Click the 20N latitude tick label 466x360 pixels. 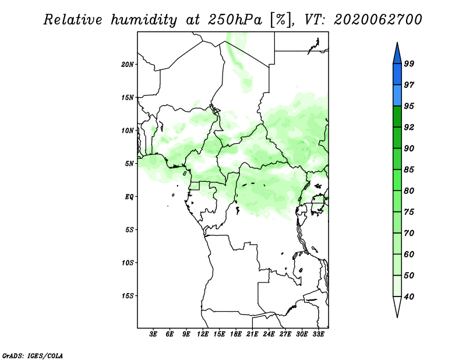(x=128, y=65)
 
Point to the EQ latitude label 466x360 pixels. (x=129, y=197)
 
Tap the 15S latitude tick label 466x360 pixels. (x=128, y=296)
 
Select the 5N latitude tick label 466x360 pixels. (x=129, y=164)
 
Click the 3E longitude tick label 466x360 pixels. (x=153, y=334)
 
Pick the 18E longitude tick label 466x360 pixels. (x=236, y=334)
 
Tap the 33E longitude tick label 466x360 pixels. (x=318, y=334)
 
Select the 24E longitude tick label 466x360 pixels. (x=269, y=334)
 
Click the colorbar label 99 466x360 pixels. (x=409, y=63)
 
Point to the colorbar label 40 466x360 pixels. (x=409, y=297)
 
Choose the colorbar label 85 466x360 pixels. (x=409, y=170)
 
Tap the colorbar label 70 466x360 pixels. (x=409, y=233)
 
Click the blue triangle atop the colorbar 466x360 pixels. (x=397, y=54)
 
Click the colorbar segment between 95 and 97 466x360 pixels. (x=397, y=96)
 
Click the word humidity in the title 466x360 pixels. (x=144, y=20)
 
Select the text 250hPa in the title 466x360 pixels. (x=235, y=20)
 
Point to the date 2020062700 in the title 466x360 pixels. (x=377, y=20)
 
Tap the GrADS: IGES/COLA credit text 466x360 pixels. (x=33, y=355)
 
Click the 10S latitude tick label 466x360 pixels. (x=128, y=263)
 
